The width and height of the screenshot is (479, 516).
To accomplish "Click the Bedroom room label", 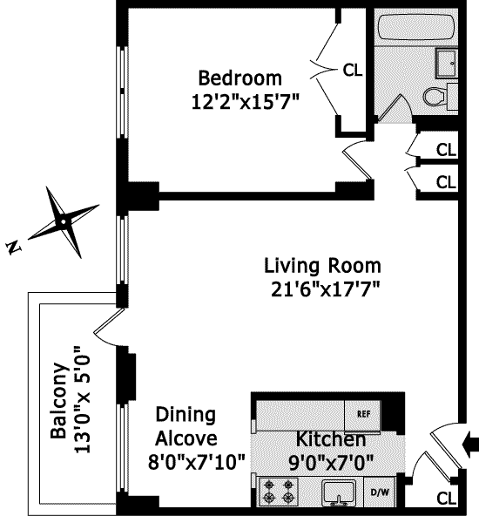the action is tap(240, 78).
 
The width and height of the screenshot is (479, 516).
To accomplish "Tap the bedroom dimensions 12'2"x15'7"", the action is tap(246, 102).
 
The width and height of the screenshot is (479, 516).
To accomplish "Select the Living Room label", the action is tap(322, 266).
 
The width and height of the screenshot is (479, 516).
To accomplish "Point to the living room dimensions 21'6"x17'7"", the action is tap(325, 289).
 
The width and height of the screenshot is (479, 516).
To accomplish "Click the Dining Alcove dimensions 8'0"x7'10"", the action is tap(197, 462).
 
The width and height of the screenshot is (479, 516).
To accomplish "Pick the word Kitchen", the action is tap(331, 439).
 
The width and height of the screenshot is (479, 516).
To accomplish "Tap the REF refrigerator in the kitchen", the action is tap(362, 415).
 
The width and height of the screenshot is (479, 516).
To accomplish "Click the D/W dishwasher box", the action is tap(380, 492).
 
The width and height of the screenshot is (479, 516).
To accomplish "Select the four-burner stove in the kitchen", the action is tap(279, 492).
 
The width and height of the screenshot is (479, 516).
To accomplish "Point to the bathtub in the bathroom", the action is tap(416, 27).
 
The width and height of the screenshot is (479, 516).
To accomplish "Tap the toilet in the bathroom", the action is tap(435, 97).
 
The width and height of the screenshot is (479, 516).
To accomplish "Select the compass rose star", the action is tap(64, 222).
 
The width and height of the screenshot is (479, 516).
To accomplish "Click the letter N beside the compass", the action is tap(13, 248).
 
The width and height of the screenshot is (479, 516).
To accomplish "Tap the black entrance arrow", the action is tap(470, 445).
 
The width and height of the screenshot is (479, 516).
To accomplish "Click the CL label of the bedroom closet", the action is tap(353, 70).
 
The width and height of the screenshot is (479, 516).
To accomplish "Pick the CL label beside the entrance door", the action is tap(446, 498).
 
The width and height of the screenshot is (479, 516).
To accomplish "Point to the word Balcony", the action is tap(59, 400).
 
